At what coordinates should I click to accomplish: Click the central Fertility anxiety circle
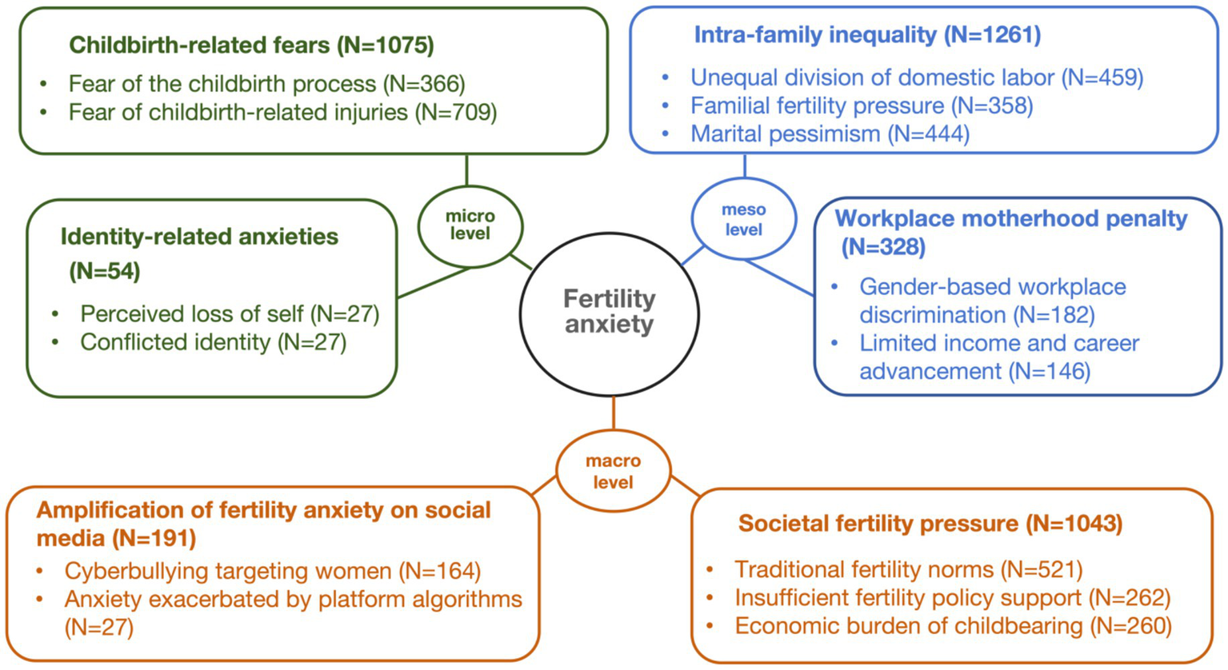click(x=610, y=313)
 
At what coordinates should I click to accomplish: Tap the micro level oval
click(x=470, y=225)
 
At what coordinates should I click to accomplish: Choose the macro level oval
click(x=614, y=472)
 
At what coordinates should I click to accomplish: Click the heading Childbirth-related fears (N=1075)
click(x=251, y=45)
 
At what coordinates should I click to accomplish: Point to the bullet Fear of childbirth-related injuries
click(x=282, y=112)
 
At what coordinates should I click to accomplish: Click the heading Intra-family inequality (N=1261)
click(x=867, y=34)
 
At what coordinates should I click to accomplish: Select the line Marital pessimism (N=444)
click(x=830, y=134)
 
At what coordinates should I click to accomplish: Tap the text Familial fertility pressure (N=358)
click(x=862, y=106)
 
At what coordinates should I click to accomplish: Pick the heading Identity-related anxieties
click(x=199, y=237)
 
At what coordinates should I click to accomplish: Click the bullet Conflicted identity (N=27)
click(x=213, y=342)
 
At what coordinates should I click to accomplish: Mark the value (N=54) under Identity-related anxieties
click(x=105, y=271)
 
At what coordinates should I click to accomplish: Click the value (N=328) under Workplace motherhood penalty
click(x=883, y=247)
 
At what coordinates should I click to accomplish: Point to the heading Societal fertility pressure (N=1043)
click(x=930, y=524)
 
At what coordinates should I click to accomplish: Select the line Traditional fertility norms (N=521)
click(x=908, y=569)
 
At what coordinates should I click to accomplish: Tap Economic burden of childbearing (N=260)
click(x=953, y=625)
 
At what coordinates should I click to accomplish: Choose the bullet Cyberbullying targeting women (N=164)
click(x=272, y=571)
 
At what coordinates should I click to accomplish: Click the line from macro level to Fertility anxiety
click(x=614, y=413)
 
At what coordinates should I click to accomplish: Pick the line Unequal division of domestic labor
click(x=917, y=78)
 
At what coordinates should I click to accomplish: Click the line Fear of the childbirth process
click(x=266, y=83)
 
